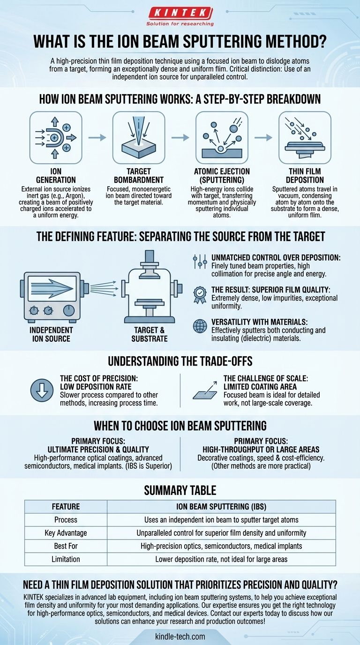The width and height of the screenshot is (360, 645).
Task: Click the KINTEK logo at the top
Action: tap(180, 17)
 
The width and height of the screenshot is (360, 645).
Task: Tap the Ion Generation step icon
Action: tap(56, 138)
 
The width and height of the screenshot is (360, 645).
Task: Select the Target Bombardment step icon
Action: tap(139, 138)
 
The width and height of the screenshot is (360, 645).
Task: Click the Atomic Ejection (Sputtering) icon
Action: tap(222, 138)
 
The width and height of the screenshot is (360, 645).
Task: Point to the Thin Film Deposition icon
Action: tap(305, 138)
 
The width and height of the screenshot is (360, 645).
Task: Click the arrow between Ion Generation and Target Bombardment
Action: tap(97, 138)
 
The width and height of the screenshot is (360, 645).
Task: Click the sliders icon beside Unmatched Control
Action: tap(200, 262)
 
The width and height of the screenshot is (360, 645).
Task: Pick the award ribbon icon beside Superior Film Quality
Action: tap(200, 295)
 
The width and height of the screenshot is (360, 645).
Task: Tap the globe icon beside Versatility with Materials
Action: tap(200, 326)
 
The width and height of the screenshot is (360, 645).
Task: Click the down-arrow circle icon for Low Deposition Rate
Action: tap(42, 390)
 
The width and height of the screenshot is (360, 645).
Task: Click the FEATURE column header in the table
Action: tap(66, 506)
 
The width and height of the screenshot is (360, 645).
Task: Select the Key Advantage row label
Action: tap(66, 532)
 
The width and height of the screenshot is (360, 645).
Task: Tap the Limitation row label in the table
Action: tap(66, 559)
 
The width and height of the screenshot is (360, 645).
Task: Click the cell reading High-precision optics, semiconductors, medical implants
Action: tap(221, 546)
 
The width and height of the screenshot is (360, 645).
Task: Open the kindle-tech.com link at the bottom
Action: tap(180, 636)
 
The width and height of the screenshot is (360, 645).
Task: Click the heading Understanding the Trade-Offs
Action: tap(180, 361)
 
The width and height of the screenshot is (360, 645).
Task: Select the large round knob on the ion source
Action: tap(68, 310)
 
